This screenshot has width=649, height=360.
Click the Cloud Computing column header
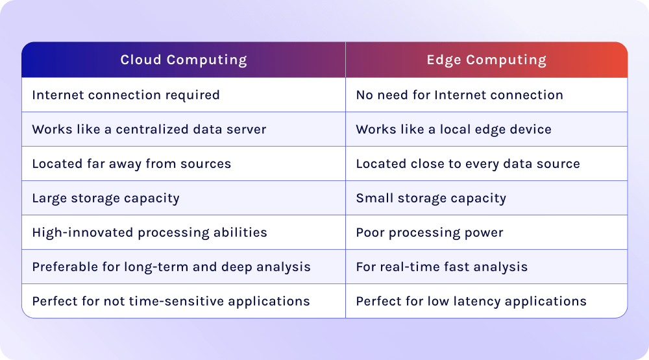pos(184,60)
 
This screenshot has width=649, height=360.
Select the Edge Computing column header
pos(487,60)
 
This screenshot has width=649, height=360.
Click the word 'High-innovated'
pos(83,233)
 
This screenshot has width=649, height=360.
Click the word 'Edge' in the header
pos(444,60)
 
